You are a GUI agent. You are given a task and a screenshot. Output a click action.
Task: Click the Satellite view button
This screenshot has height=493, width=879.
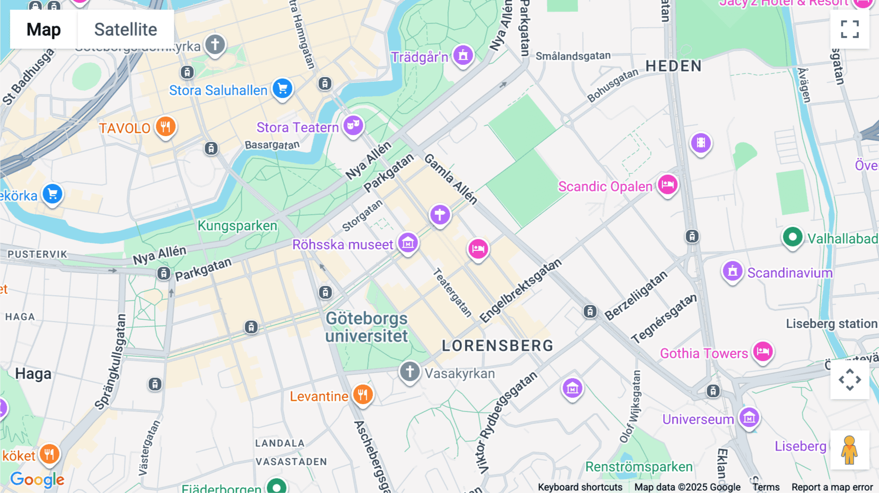tap(126, 29)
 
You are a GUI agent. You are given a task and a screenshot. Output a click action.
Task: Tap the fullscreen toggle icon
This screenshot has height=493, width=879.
tap(850, 29)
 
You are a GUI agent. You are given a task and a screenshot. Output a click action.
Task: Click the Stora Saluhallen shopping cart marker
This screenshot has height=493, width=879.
tap(282, 88)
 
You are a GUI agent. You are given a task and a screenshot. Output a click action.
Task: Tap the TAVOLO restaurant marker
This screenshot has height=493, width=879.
tap(166, 127)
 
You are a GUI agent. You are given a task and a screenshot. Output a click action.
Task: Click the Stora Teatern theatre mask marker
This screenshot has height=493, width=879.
tap(353, 125)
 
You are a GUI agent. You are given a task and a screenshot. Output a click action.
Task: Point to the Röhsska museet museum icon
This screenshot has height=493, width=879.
tap(408, 242)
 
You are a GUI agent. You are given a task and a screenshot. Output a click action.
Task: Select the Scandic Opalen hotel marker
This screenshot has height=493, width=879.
tap(668, 185)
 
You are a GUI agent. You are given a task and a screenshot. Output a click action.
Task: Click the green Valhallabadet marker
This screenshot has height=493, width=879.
tap(793, 238)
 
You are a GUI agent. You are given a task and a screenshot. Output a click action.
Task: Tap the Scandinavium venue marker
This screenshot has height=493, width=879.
tap(732, 271)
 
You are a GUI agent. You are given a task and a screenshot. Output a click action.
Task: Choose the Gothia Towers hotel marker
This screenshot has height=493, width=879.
tap(763, 351)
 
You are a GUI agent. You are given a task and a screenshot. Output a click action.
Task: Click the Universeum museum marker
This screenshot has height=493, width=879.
tap(749, 417)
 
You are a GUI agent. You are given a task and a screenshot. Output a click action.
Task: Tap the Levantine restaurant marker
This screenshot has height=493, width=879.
tap(362, 394)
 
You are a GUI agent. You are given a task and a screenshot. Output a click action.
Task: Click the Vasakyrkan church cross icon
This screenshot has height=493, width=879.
tap(410, 371)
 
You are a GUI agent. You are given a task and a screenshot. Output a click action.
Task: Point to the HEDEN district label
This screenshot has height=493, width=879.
tap(673, 66)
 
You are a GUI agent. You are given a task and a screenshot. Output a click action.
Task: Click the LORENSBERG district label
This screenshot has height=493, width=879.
tap(497, 346)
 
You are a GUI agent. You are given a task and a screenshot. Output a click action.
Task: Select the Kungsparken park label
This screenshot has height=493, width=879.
tap(237, 226)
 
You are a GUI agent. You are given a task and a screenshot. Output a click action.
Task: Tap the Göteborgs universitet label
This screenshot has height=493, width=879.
tap(367, 327)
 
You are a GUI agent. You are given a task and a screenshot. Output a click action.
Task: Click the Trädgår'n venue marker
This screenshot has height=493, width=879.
tap(463, 55)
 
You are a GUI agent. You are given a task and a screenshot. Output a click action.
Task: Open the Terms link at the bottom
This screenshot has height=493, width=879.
tap(766, 487)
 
